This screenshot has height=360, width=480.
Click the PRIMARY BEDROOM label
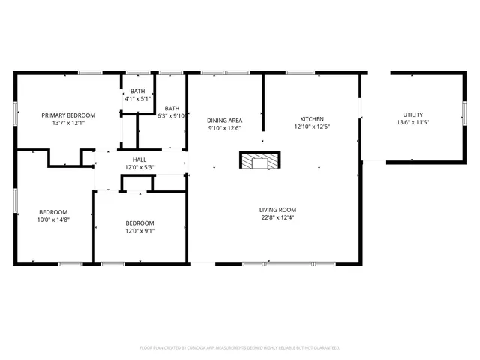point(68,115)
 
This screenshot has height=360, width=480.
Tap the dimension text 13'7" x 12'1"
point(68,123)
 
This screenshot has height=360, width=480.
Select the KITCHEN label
point(312,119)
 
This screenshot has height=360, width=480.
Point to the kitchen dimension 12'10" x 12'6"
point(312,127)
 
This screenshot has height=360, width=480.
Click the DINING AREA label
point(224,120)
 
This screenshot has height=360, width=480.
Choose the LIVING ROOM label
point(278,210)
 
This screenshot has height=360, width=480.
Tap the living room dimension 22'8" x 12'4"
point(278,218)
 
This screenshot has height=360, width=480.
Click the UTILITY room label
point(412,115)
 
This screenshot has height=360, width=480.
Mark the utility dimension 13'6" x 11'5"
point(412,123)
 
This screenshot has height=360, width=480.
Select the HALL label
point(139,159)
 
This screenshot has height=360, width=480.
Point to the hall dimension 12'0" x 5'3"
point(139,167)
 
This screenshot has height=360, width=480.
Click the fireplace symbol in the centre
point(259,160)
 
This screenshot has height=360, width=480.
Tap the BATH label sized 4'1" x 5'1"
point(137,91)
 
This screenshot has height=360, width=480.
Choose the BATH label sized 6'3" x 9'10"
point(172,108)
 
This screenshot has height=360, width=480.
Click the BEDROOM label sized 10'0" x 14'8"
point(53,211)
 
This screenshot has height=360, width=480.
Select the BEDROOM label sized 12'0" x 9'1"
point(139,223)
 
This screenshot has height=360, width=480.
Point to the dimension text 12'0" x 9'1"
point(139,231)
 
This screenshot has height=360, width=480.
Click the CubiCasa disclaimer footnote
point(240,347)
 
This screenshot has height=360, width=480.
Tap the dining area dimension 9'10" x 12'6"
point(224,128)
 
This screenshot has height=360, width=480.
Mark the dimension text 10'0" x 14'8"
point(53,220)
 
